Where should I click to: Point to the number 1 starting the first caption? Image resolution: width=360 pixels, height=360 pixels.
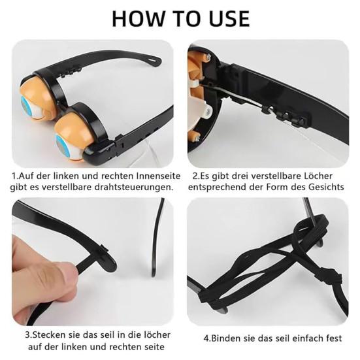pos(14,176)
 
